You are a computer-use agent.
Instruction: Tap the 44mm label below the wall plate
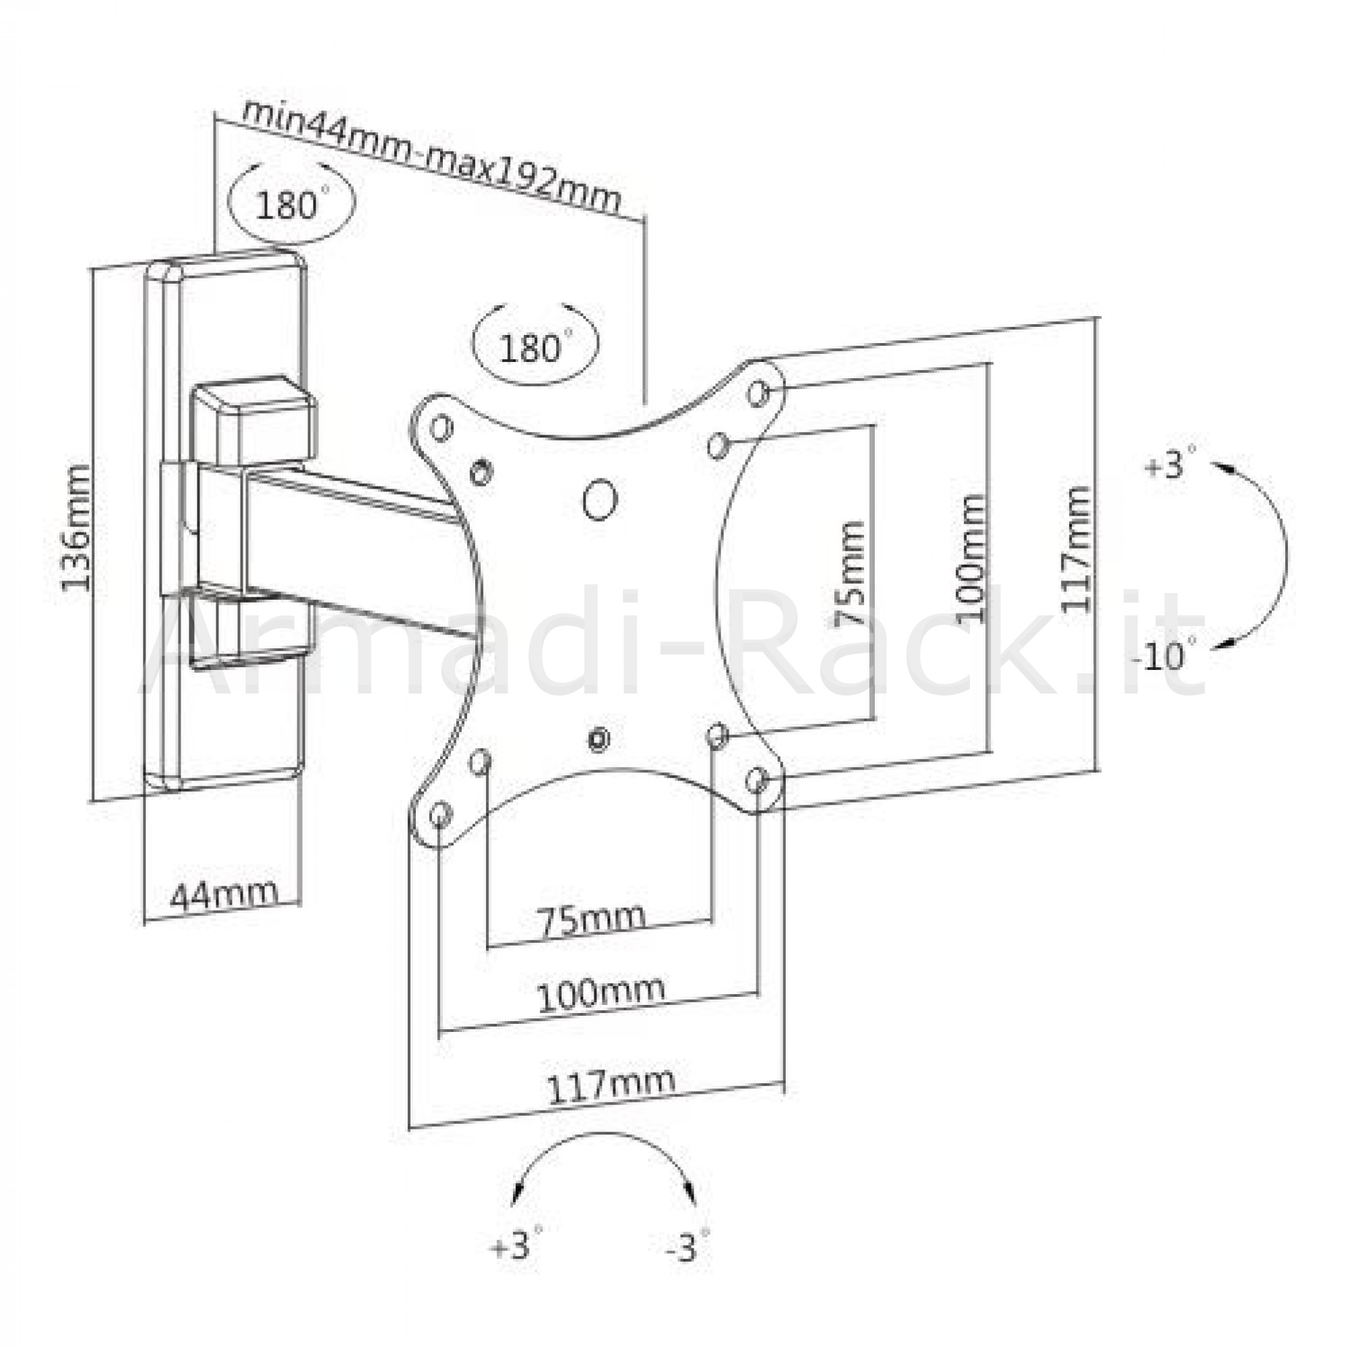pos(223,894)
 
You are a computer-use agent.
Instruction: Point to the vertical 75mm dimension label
pos(850,574)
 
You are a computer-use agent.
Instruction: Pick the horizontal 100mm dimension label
pos(600,993)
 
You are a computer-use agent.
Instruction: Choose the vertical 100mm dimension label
pos(971,558)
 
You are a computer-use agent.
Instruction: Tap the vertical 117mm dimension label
pos(1075,549)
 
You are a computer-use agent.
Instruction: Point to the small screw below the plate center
pos(598,738)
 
